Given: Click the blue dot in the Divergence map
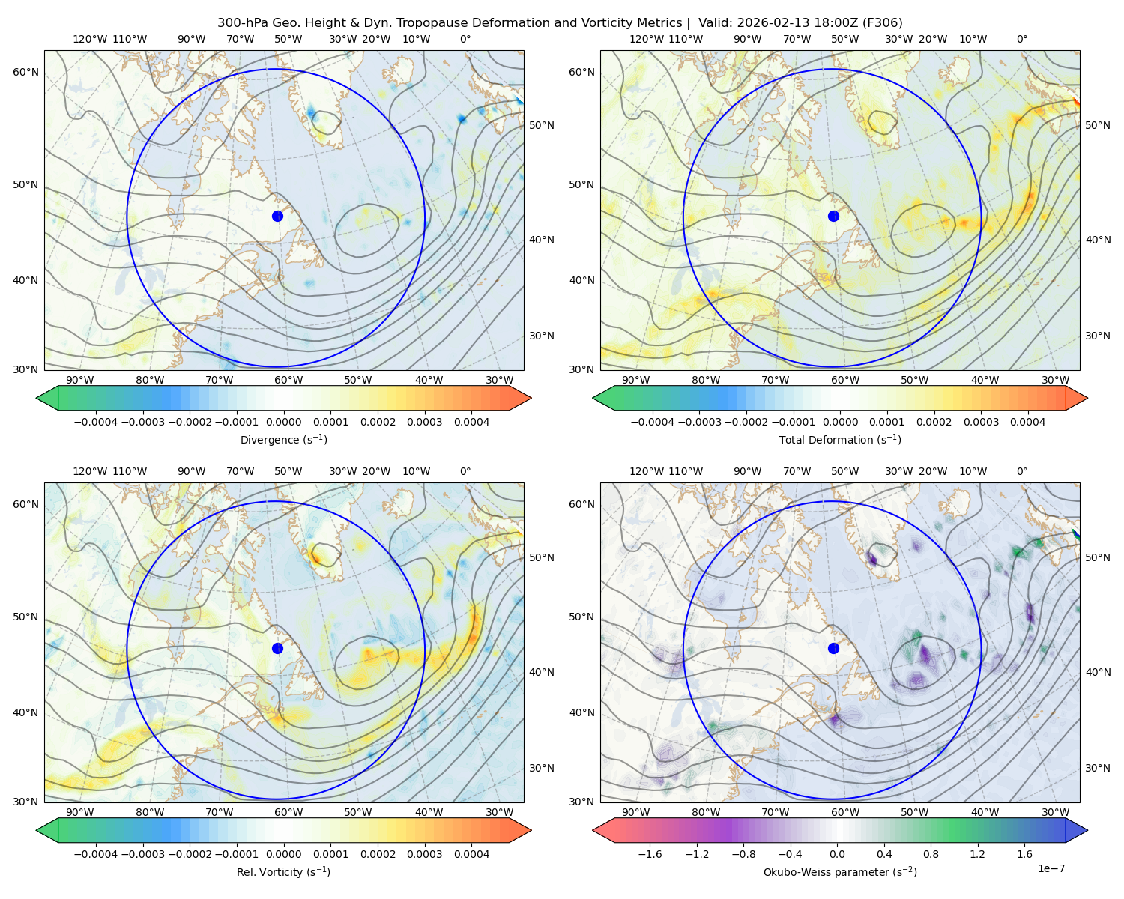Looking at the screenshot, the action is pos(277,216).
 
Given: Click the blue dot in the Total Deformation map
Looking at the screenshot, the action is pos(833,216).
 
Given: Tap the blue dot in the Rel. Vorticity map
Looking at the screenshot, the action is pos(277,648).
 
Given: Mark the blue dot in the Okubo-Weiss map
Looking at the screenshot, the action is pos(833,648).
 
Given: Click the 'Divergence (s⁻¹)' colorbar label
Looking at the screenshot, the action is pos(283,439).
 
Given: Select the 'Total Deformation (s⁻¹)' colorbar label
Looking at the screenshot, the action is pos(840,439).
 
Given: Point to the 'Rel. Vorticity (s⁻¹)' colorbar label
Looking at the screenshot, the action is pos(283,872).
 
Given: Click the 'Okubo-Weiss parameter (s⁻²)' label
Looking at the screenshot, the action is pos(840,872).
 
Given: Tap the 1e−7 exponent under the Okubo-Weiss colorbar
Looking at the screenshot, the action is pos(1051,868).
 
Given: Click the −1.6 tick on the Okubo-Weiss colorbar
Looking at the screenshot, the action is pos(650,854).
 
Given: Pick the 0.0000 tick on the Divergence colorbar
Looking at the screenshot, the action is pos(283,422).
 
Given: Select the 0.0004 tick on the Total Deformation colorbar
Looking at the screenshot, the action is pos(1028,422).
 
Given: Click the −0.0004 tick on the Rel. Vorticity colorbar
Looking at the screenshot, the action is pos(96,854).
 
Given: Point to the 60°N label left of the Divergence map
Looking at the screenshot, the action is pos(26,72).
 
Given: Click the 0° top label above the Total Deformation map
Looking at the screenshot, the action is pos(1022,39).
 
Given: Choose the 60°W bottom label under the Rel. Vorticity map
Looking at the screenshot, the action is pos(288,812).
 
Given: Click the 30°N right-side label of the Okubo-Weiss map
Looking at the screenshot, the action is pos(1098,768).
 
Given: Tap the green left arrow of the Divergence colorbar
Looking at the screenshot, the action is pos(47,398).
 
